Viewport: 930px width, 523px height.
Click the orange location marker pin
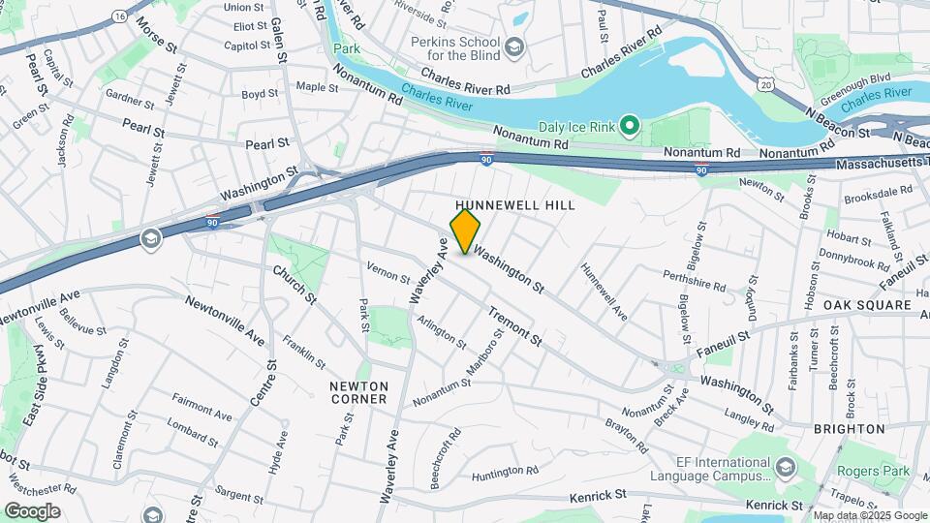click(x=466, y=231)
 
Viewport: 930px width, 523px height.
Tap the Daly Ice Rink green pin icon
click(x=628, y=126)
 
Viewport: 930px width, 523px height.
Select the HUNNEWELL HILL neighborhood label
click(x=515, y=205)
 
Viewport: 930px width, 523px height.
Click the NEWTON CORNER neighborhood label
click(x=358, y=391)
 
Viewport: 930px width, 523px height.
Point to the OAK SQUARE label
click(x=867, y=305)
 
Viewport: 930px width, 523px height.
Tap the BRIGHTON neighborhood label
click(x=850, y=428)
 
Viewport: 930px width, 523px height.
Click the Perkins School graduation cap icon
click(x=514, y=46)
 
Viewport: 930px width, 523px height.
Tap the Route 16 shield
click(x=118, y=16)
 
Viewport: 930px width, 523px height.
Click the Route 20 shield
click(x=766, y=86)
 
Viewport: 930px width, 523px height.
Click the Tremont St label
click(x=514, y=328)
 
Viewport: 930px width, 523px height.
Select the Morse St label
click(x=156, y=34)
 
